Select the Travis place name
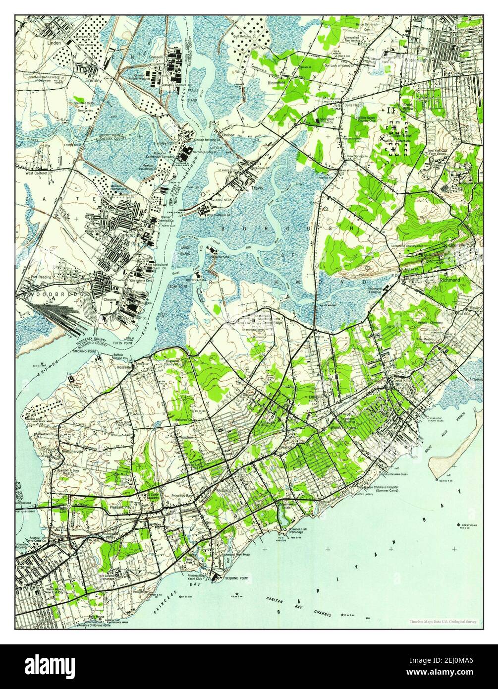[x=257, y=188]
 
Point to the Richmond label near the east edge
[x=449, y=280]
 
